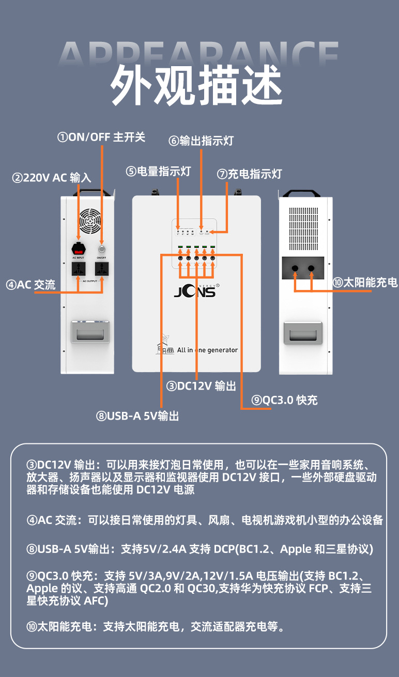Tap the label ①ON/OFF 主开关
[x=101, y=137]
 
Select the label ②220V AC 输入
[x=52, y=178]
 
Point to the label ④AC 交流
[x=30, y=285]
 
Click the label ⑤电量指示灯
[x=158, y=171]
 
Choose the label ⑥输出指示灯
[x=201, y=141]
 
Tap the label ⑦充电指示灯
[x=249, y=174]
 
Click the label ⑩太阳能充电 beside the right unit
[x=365, y=282]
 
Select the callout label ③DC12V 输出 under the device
[x=201, y=386]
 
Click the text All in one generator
[x=207, y=350]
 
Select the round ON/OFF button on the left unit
[x=101, y=242]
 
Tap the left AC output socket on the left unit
[x=78, y=269]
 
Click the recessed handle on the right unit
[x=305, y=332]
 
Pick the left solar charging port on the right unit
[x=295, y=268]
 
